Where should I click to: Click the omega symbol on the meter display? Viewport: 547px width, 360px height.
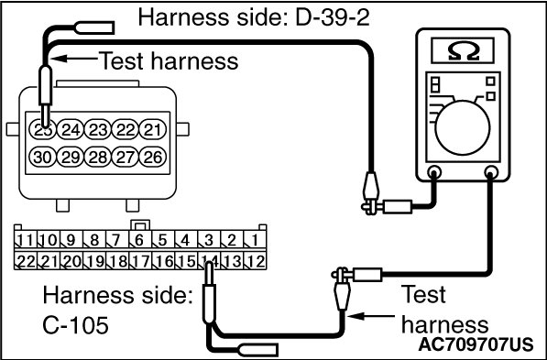point(463,52)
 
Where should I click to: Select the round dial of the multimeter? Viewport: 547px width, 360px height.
point(463,128)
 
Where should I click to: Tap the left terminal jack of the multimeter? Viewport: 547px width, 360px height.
point(434,172)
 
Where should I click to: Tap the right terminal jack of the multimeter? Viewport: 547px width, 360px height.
point(491,172)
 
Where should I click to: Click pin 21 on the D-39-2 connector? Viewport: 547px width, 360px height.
point(153,130)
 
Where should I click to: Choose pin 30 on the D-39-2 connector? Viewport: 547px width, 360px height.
point(42,158)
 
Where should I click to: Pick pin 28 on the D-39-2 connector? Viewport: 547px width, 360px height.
point(98,158)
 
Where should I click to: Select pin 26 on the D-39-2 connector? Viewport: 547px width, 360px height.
point(153,158)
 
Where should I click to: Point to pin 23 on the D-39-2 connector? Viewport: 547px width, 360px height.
point(98,130)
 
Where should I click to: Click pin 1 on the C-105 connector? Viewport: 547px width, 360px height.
point(255,240)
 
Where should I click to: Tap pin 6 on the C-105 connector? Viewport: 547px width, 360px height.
point(140,240)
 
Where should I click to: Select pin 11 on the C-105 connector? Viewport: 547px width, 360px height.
point(26,240)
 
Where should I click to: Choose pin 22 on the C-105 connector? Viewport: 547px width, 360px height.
point(26,260)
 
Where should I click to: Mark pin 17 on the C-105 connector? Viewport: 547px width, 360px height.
point(140,260)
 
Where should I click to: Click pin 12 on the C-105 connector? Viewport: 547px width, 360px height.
point(255,260)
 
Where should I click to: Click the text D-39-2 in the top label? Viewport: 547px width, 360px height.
point(333,17)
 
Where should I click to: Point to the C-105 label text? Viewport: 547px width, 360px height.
point(75,326)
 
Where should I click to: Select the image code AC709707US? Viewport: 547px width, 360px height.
point(476,344)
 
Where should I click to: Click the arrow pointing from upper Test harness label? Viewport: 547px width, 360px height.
point(74,59)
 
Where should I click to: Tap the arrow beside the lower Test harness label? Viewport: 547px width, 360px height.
point(371,316)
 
